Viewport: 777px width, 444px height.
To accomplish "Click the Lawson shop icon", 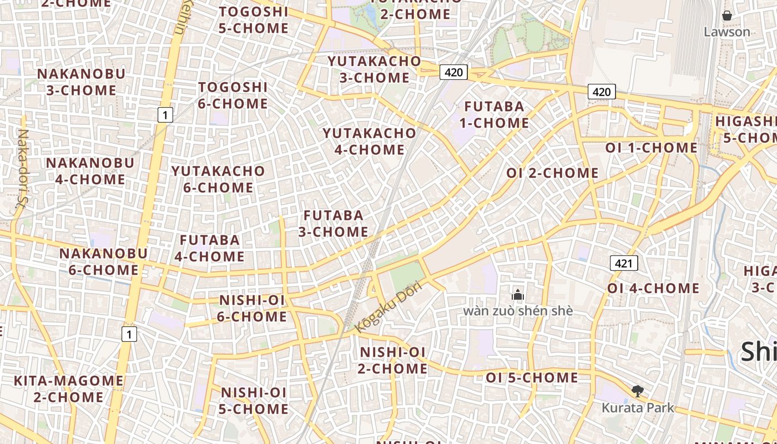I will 726,16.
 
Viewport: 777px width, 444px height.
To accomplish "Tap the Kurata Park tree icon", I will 638,392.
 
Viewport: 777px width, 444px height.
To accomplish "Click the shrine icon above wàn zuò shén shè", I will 518,295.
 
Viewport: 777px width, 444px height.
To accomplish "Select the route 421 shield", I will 624,263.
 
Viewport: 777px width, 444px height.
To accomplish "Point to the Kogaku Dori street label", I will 389,307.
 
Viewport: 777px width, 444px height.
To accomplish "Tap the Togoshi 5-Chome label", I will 254,20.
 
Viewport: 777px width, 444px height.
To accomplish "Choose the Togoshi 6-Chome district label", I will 233,95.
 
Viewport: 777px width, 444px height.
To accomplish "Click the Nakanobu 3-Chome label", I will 81,82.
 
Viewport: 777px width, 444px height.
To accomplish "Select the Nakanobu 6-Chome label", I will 103,262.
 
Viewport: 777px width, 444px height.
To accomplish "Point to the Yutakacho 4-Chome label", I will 370,142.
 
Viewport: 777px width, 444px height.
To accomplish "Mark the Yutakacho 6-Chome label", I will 218,179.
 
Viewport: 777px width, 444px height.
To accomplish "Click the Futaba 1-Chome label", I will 494,114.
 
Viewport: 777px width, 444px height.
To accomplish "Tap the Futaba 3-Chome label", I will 334,223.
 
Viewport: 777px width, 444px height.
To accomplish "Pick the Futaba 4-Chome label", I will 210,248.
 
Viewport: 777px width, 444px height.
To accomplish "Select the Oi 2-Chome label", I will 552,173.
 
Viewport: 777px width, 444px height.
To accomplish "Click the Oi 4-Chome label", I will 653,289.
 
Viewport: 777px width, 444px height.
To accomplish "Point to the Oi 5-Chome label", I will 532,378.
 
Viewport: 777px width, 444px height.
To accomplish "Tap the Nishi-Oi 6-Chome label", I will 253,309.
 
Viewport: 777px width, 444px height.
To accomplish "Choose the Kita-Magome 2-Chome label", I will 69,389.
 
